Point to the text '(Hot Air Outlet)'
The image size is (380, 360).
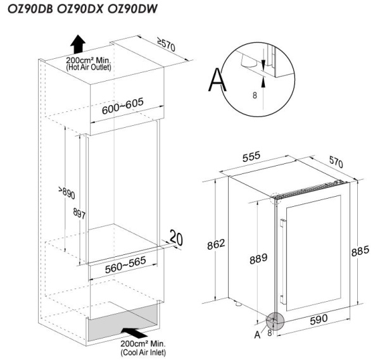coord(89,67)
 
